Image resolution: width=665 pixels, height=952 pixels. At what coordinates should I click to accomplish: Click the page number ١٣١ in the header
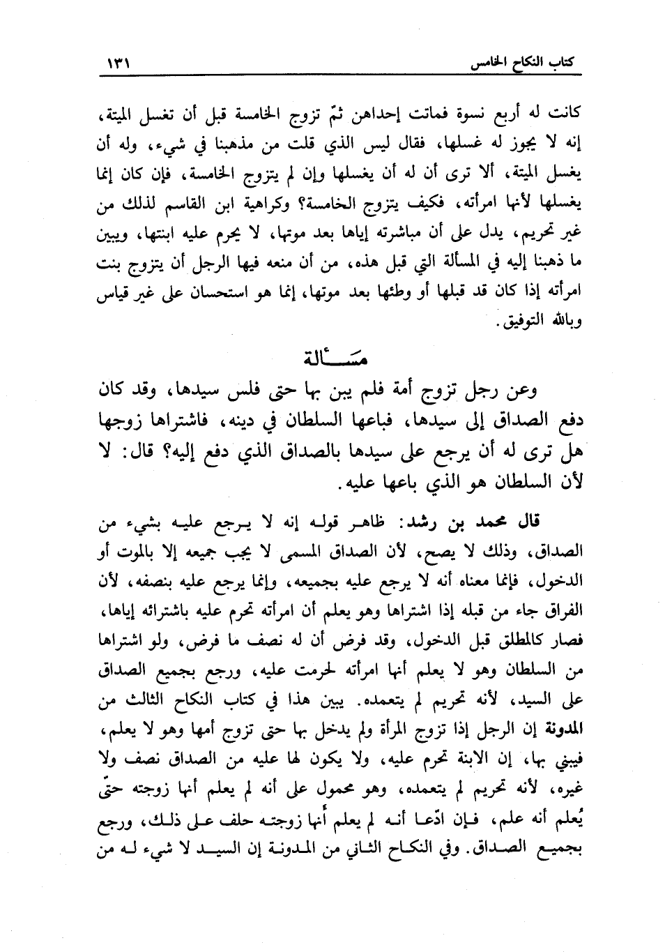(119, 66)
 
